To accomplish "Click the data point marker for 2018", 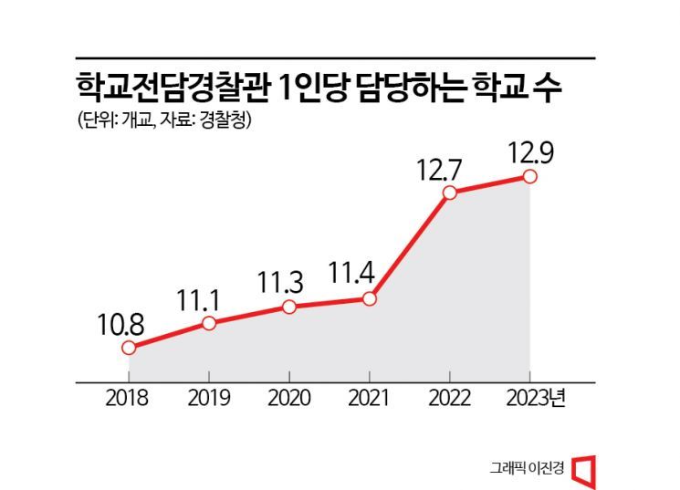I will click(129, 348).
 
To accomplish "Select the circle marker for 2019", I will click(209, 323).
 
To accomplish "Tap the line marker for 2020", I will click(289, 307).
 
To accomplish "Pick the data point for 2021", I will click(369, 298).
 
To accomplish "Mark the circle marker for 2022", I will click(449, 193).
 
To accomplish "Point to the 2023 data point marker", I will click(529, 176).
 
